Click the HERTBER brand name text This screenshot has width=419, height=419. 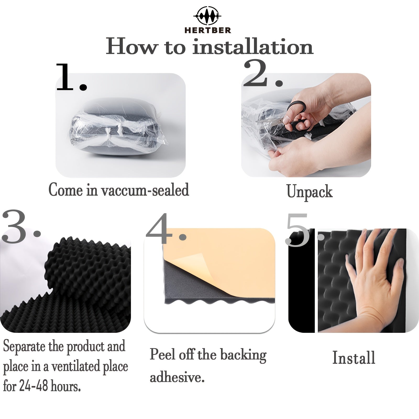[x=208, y=30]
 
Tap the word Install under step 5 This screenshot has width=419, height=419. [x=354, y=358]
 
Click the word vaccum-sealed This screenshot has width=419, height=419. [x=145, y=190]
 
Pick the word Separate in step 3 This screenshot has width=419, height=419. [x=24, y=346]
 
